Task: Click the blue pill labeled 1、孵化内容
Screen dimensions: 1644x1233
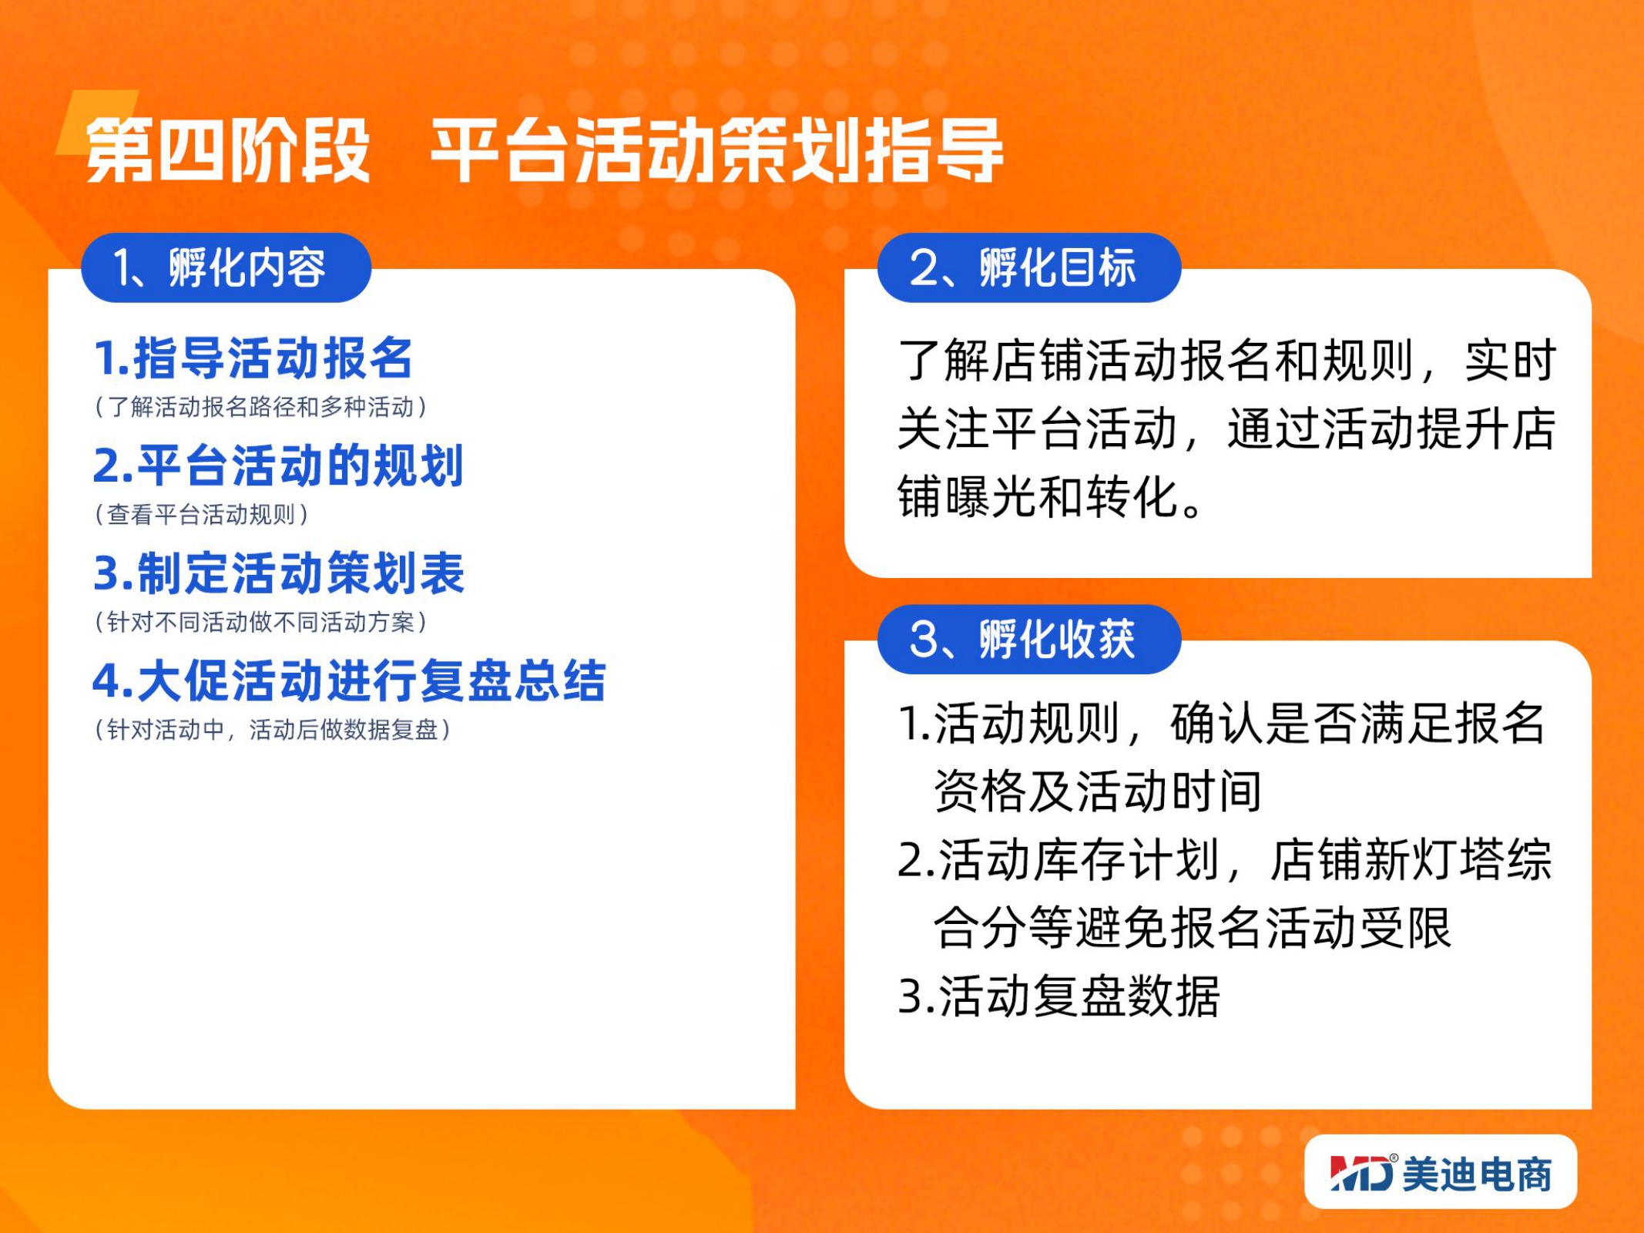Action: [226, 267]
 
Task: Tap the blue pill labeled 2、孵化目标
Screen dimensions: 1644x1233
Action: [1029, 267]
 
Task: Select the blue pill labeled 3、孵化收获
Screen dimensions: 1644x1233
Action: [1029, 639]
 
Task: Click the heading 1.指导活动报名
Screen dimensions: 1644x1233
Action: [253, 358]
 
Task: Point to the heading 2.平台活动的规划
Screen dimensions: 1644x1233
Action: [278, 465]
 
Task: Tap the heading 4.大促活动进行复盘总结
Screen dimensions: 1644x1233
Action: [349, 680]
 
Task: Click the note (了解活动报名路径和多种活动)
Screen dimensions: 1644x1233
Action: [260, 406]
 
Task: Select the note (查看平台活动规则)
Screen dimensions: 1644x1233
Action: [201, 514]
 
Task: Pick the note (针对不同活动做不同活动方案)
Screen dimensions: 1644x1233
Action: [260, 621]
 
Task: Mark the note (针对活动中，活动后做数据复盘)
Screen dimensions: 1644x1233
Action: [272, 729]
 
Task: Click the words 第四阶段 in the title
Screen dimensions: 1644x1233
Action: [228, 151]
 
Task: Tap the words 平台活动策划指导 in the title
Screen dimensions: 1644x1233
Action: [716, 151]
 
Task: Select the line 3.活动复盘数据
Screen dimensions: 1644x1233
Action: [1059, 996]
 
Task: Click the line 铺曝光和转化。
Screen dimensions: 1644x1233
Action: [1051, 496]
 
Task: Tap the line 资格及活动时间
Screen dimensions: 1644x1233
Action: [1097, 791]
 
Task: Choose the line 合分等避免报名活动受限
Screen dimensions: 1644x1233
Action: [1193, 927]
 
